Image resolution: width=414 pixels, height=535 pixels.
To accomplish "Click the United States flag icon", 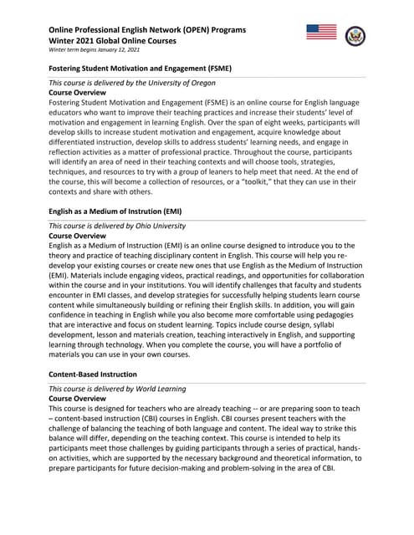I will coord(322,33).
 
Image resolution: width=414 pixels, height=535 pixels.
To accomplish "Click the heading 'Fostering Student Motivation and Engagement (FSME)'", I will coord(140,68).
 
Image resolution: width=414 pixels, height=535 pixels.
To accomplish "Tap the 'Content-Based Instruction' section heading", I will coord(93,374).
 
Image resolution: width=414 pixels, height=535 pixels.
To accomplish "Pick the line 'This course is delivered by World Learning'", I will coord(117,389).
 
